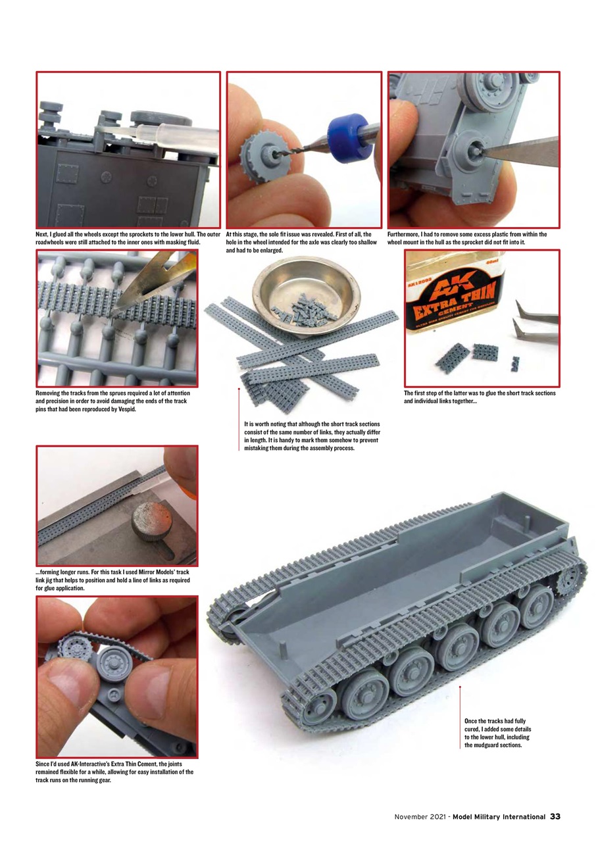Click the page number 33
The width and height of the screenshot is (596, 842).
555,817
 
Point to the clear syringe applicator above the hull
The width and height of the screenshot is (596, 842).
178,134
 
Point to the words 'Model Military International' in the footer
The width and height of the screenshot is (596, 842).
499,817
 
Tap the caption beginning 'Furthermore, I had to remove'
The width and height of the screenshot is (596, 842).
467,238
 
